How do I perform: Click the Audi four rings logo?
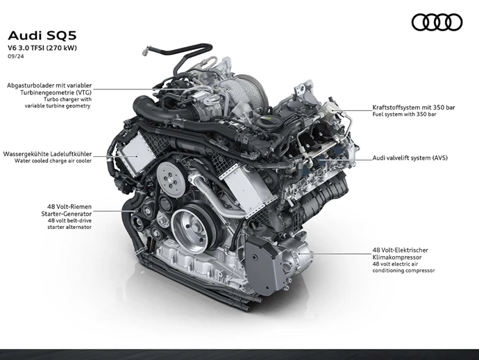tap(437, 22)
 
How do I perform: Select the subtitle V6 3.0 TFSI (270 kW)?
tap(43, 49)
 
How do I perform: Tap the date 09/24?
tap(16, 59)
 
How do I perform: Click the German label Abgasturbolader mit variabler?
tap(49, 85)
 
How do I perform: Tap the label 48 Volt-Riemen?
tap(69, 207)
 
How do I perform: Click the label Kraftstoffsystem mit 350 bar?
tap(412, 107)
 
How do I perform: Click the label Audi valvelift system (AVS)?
tap(410, 158)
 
